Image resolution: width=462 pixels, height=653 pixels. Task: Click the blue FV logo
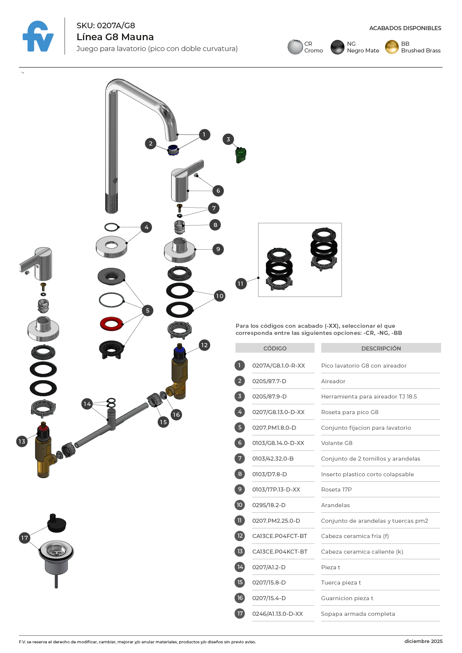38,36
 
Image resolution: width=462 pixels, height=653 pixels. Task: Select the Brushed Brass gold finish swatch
392,47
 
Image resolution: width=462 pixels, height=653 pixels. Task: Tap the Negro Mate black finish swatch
337,47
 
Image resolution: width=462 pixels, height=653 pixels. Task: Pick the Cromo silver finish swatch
295,47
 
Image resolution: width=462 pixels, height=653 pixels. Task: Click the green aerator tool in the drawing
241,155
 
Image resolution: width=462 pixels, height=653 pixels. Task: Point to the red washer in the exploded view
111,324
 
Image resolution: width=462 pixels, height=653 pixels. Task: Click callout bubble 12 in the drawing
204,345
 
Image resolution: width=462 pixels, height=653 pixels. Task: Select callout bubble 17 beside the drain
25,538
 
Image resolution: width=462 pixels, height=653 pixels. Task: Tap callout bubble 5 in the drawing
148,310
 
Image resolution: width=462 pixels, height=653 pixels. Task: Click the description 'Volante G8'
337,443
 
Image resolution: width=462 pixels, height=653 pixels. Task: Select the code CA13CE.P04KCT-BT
280,552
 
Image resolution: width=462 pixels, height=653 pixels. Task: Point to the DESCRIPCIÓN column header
381,348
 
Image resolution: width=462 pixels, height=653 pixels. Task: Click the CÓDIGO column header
275,348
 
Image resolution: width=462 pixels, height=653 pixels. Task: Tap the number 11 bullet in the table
240,521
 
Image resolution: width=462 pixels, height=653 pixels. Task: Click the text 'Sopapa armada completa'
358,614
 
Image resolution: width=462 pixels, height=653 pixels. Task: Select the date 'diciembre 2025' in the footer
423,641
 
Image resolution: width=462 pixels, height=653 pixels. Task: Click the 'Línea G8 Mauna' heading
115,37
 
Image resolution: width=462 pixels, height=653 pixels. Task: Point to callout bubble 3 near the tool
228,140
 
